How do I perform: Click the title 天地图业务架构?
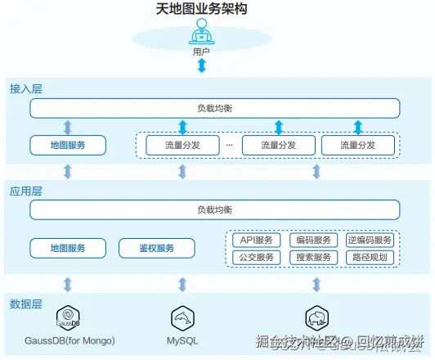coord(201,9)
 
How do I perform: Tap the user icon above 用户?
coord(201,34)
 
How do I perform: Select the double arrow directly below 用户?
coord(201,65)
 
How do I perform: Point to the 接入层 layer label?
coord(25,87)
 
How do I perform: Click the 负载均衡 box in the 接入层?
coord(215,108)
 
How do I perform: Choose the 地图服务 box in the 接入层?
coord(69,146)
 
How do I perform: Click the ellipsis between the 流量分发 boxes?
coord(229,145)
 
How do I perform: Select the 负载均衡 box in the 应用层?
coord(215,210)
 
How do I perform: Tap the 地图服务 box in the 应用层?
coord(69,248)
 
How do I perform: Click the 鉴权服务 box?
coord(157,248)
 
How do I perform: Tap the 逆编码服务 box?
coord(370,240)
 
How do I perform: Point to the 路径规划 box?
coord(370,258)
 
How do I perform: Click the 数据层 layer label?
coord(25,304)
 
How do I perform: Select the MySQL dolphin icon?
coord(182,318)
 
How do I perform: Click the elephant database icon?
coord(316,318)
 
